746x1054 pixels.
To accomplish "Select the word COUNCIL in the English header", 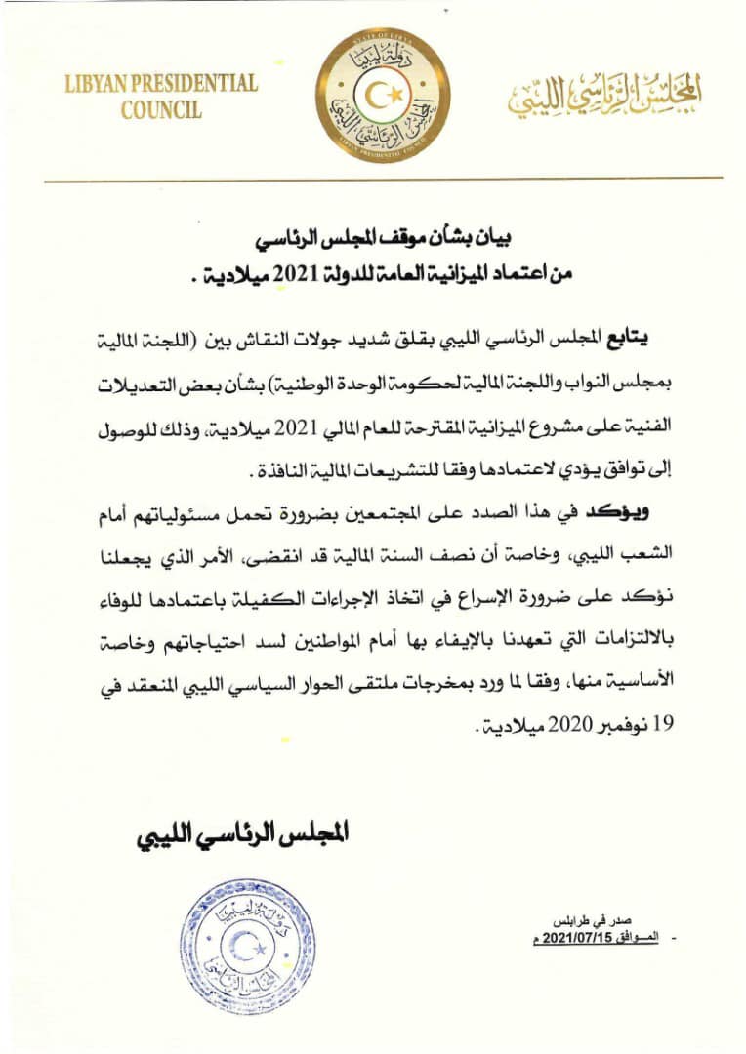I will tap(161, 109).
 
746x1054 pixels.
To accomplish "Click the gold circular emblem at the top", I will tap(384, 96).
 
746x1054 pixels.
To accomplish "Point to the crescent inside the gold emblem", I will tap(382, 96).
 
